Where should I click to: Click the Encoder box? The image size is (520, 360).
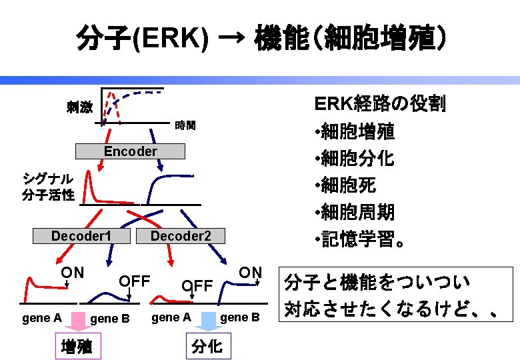(x=130, y=151)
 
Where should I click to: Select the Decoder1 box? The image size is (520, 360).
(x=81, y=236)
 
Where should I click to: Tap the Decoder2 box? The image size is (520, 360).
(x=181, y=236)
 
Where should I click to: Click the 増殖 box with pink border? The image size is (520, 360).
(x=76, y=347)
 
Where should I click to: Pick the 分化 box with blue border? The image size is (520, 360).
(x=207, y=347)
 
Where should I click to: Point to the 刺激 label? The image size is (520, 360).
(x=79, y=107)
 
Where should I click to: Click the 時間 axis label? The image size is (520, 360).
(x=185, y=125)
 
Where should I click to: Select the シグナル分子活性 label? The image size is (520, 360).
(x=48, y=187)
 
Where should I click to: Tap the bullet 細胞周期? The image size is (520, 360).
(x=357, y=212)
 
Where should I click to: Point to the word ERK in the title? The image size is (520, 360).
(x=172, y=40)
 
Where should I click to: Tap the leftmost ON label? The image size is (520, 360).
(x=72, y=272)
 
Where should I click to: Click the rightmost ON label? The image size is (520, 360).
(x=250, y=272)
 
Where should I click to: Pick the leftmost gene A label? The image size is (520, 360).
(x=41, y=318)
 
